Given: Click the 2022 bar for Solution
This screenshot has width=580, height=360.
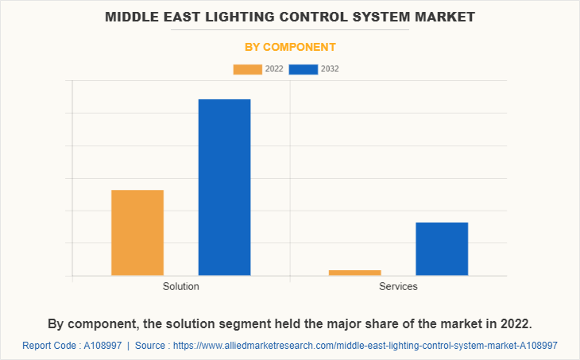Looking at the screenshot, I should [137, 233].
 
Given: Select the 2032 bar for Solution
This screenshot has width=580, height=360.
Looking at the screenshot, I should [224, 188].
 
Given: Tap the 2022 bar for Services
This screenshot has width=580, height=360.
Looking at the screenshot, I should [354, 273].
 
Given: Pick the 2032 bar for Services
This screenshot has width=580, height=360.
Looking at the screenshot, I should [442, 249].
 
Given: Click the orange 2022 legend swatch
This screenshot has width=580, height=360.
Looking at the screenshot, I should [247, 69].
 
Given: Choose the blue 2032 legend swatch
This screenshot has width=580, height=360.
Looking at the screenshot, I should [304, 69].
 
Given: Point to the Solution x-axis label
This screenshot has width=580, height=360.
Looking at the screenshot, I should [181, 286].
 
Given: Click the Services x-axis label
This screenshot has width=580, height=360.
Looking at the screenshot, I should [398, 286].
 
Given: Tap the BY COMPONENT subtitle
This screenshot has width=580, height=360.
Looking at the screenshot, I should [290, 47].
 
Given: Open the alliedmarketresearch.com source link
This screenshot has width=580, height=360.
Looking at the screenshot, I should [365, 346].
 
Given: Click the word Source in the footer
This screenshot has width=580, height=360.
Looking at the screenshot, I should [151, 346].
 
